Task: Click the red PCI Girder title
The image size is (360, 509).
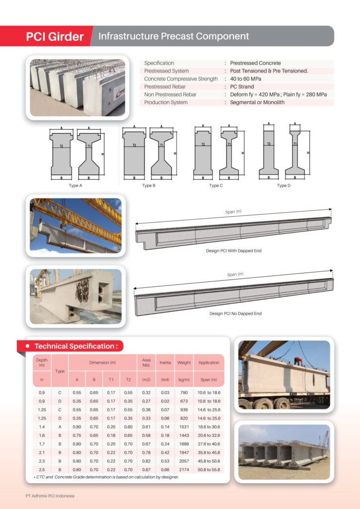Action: click(55, 37)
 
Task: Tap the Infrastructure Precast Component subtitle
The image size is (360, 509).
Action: click(174, 36)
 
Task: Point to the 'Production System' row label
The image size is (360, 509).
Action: click(166, 102)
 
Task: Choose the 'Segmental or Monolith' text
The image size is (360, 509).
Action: click(257, 102)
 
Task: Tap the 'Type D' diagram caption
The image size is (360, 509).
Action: click(282, 185)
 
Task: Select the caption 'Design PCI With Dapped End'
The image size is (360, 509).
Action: click(234, 251)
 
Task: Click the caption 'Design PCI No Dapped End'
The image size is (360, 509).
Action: click(235, 314)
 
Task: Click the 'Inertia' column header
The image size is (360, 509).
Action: click(165, 362)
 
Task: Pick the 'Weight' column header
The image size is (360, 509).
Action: click(184, 362)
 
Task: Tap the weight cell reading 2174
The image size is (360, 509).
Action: click(184, 469)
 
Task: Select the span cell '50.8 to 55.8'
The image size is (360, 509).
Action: click(209, 469)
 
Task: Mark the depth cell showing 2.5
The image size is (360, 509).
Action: click(42, 469)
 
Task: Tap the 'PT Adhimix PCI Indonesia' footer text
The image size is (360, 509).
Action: click(50, 496)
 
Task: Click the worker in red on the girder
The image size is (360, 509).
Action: click(298, 361)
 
